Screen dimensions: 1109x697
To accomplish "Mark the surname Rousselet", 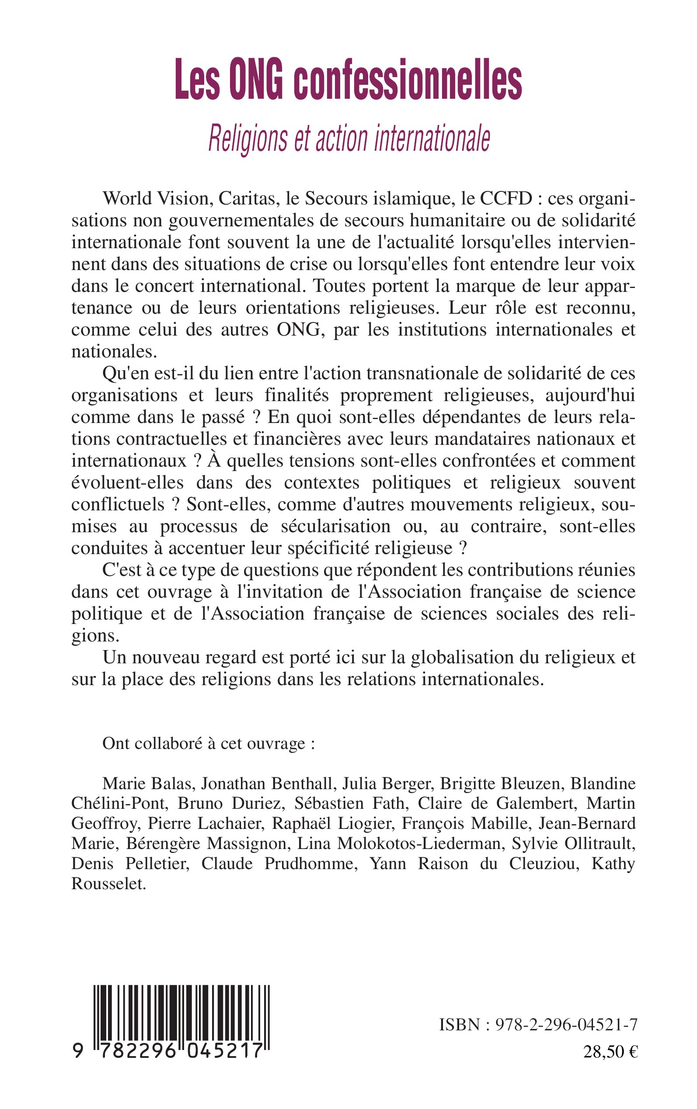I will (x=108, y=884).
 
